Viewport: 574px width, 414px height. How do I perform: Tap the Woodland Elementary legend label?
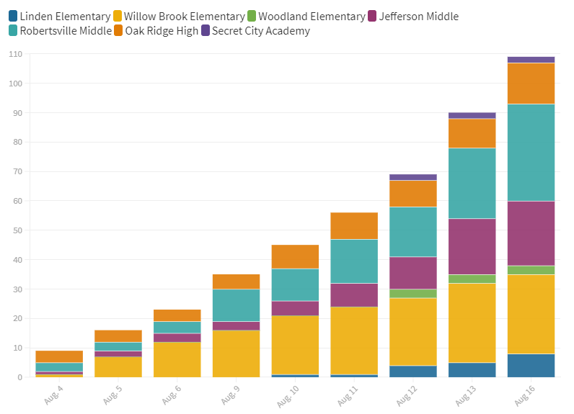[x=311, y=16]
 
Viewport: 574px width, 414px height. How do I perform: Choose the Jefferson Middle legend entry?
[x=418, y=16]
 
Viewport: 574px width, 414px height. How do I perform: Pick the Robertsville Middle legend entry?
[x=62, y=31]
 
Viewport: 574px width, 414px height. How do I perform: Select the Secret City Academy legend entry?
[x=260, y=31]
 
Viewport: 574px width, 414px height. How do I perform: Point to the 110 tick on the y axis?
[x=16, y=54]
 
